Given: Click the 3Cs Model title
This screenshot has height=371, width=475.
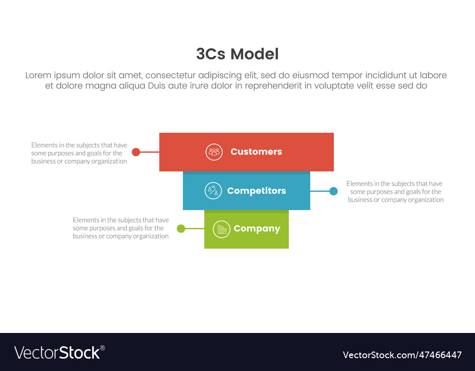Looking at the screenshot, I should coord(237,54).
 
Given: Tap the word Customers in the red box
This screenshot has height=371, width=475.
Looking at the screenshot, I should coord(256,152).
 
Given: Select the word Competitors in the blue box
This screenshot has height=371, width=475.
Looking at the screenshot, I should coord(256,191).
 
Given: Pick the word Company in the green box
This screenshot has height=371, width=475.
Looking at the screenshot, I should coord(257,229).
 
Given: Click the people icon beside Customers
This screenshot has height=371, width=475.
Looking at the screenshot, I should coord(214,152).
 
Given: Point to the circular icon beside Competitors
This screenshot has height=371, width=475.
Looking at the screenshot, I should coord(213,191).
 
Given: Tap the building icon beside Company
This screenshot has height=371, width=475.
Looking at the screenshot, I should coord(221,229).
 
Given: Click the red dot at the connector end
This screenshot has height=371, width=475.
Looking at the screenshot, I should coord(136,152).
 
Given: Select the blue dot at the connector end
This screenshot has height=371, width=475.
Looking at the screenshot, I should coord(333,191).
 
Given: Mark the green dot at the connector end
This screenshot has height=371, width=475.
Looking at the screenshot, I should coord(181,229).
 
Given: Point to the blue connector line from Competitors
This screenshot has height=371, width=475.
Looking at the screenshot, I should coord(320,191).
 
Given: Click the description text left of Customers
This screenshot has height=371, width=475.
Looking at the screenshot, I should coord(79,153).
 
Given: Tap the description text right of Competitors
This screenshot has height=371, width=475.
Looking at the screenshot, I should coord(395,192).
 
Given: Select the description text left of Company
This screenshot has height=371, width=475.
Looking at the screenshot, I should coord(121,228).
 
